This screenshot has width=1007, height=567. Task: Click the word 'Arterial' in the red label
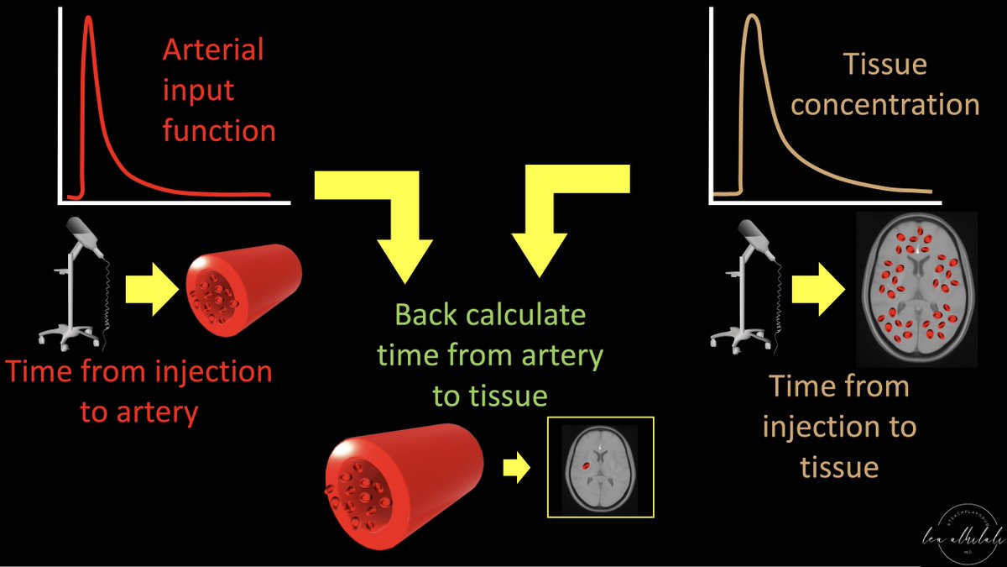[x=213, y=50]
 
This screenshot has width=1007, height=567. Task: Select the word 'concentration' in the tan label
[x=884, y=105]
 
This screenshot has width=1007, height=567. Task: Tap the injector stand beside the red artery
[x=75, y=285]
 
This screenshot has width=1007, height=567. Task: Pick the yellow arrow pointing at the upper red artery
[x=152, y=291]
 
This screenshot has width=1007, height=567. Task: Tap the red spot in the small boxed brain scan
[x=587, y=461]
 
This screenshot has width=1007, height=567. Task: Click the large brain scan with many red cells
[x=916, y=289]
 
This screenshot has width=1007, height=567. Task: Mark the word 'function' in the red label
[x=219, y=130]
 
